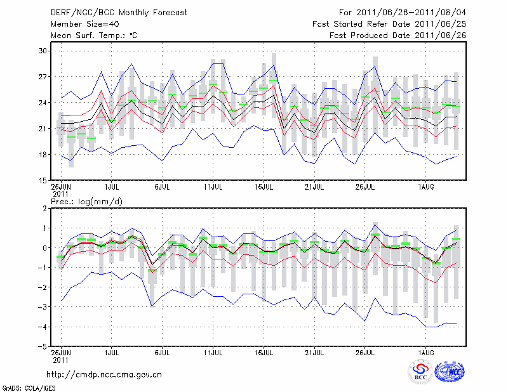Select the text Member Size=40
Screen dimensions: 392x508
[x=86, y=24]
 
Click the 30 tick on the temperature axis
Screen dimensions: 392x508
[x=43, y=51]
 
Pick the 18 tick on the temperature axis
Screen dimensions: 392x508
[x=43, y=155]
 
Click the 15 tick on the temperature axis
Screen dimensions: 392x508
[x=43, y=181]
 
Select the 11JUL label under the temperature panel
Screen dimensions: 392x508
[x=213, y=188]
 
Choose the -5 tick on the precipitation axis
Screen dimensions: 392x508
[x=42, y=347]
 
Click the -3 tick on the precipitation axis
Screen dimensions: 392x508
[x=42, y=307]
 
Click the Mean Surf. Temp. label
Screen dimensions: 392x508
[x=94, y=36]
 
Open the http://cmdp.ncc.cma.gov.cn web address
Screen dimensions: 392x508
[x=104, y=374]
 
